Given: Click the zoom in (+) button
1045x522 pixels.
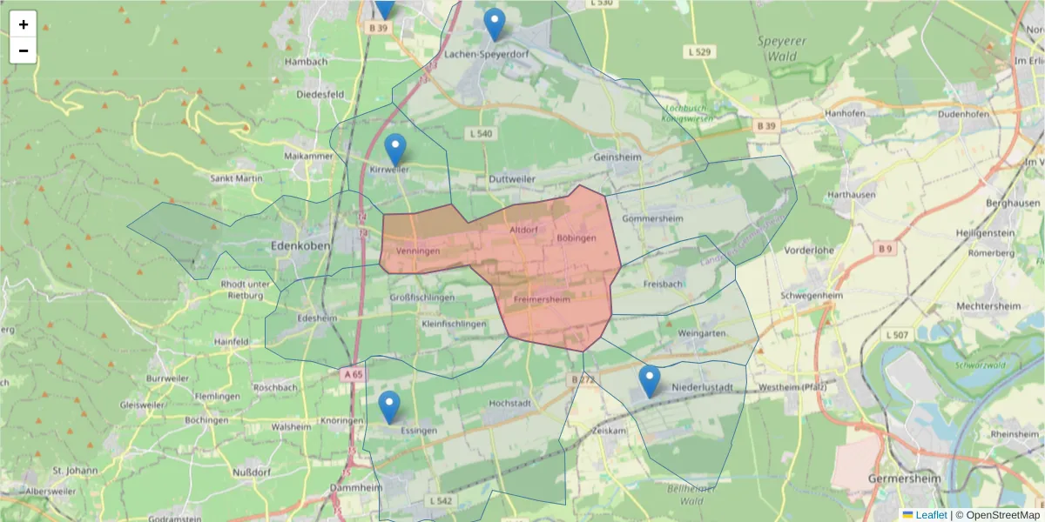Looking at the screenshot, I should (24, 24).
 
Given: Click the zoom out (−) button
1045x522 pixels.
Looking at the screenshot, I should (24, 50).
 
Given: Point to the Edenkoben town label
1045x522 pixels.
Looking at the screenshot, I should (300, 246).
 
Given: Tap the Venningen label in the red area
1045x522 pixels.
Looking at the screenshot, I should (418, 251).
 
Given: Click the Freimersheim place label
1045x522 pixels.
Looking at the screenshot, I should (542, 300).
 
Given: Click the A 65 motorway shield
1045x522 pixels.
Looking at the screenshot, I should (353, 374).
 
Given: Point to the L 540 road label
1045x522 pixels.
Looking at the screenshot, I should (481, 134).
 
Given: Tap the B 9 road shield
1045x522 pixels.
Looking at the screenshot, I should (886, 249).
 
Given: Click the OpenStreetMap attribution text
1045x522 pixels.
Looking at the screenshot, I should (1002, 515).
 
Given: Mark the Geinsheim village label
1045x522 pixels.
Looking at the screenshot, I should (617, 157).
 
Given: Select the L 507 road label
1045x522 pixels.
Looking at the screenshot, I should (897, 335).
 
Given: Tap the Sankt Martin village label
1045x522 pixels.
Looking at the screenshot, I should (237, 178).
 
